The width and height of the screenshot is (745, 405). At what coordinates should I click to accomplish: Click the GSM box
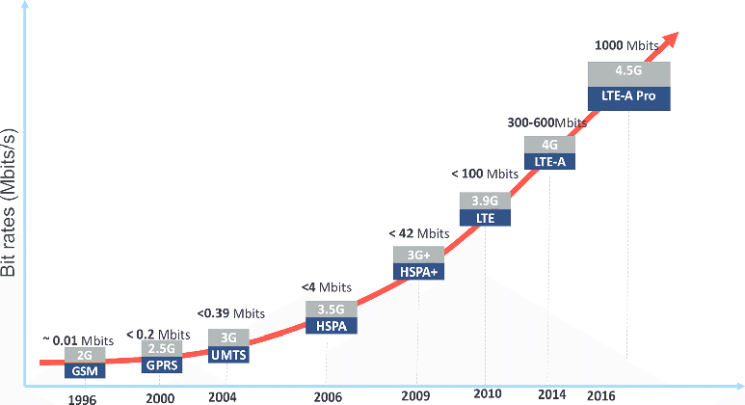click(85, 370)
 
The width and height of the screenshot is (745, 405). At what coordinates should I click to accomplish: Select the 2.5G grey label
click(160, 348)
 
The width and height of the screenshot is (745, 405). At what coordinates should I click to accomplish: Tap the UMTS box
click(228, 355)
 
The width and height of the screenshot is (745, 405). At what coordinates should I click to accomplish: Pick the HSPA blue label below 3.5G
click(331, 326)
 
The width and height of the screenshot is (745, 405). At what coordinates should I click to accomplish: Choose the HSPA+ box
click(418, 273)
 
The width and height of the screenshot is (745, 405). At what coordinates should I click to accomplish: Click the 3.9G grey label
click(484, 201)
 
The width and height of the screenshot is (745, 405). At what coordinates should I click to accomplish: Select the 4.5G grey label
click(628, 72)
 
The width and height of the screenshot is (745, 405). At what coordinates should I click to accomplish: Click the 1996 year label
click(83, 397)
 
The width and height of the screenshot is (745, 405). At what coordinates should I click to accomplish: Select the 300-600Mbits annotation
click(546, 122)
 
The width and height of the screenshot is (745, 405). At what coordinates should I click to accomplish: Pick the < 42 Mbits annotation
click(419, 233)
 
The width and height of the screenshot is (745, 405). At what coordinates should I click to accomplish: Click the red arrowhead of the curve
click(673, 39)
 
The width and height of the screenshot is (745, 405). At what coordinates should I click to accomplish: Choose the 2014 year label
click(552, 395)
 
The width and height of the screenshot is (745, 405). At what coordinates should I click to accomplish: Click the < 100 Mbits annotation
click(485, 174)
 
